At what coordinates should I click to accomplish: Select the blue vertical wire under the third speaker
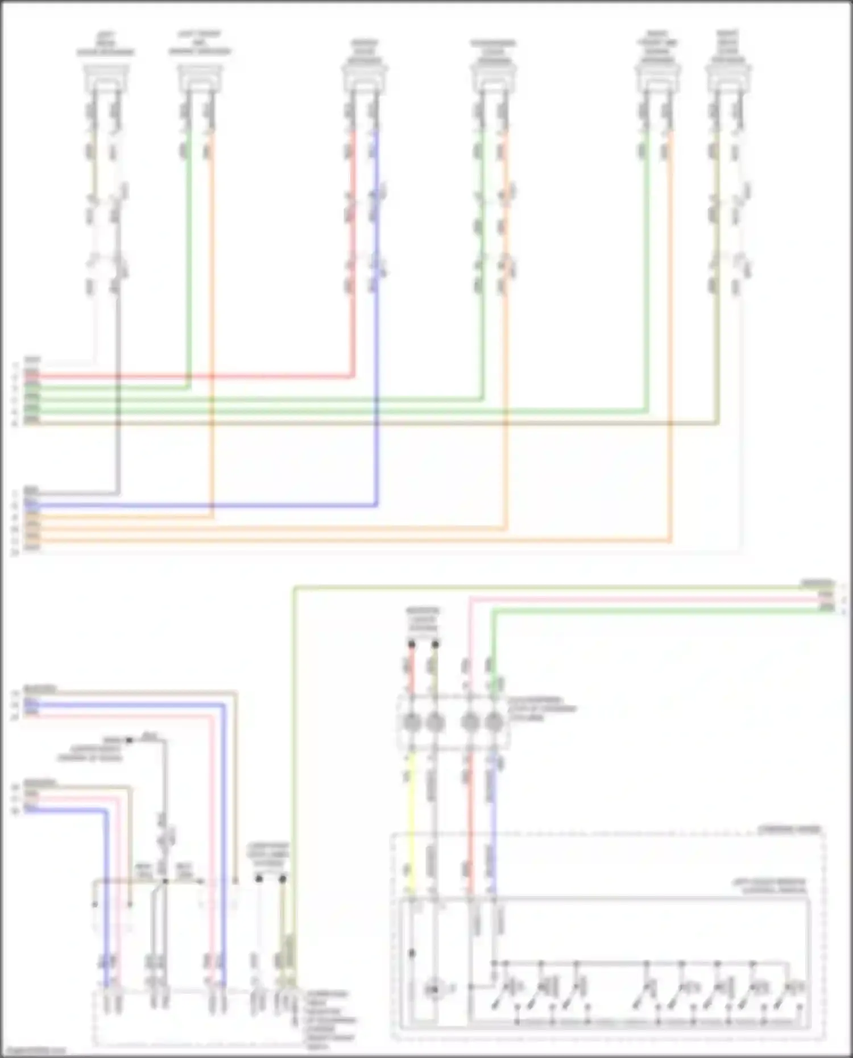click(x=376, y=341)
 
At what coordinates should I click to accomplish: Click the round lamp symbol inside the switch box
click(x=434, y=990)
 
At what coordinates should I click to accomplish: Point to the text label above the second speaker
click(x=200, y=43)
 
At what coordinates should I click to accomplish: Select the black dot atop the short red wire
click(x=412, y=644)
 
